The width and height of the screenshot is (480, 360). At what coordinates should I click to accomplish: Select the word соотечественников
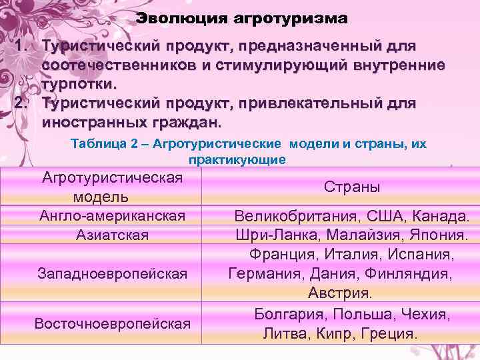tap(133, 66)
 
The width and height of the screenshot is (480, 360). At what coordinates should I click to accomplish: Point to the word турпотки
tap(79, 85)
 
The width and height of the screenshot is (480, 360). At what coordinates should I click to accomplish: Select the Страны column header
tap(353, 187)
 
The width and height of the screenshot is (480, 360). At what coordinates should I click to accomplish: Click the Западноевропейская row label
tap(112, 273)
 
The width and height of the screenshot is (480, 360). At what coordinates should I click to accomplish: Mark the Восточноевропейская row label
tap(112, 323)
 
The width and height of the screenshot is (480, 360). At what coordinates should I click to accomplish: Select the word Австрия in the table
tap(340, 293)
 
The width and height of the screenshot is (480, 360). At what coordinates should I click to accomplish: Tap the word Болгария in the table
tap(287, 313)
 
